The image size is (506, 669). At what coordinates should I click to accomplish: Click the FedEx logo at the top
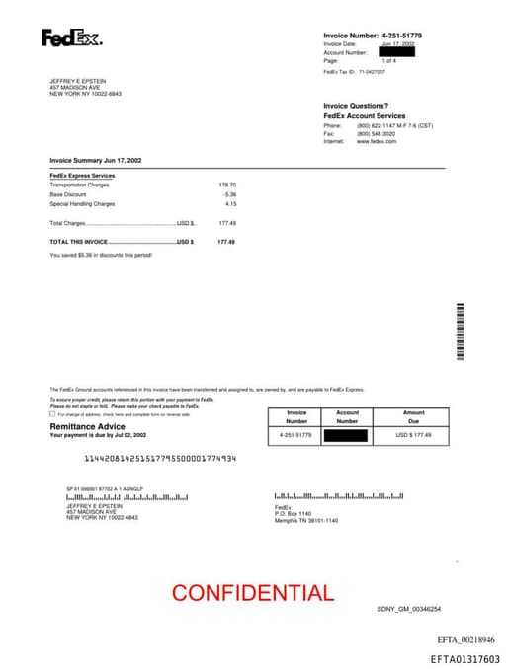coord(71,38)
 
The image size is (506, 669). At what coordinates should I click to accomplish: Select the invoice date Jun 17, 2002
coord(397,44)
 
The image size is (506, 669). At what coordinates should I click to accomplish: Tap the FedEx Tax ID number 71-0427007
coord(372,72)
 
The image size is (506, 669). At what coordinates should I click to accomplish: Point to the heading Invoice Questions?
coord(356,106)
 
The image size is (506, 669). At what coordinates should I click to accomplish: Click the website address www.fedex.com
coord(376,141)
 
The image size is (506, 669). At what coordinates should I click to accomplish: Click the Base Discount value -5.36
coord(229,194)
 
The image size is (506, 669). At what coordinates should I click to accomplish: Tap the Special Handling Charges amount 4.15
coord(230,204)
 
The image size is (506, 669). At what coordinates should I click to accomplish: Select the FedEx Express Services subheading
coord(82,175)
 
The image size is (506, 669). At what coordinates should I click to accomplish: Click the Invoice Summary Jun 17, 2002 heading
coord(96,160)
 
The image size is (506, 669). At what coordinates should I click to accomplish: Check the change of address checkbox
coord(52,414)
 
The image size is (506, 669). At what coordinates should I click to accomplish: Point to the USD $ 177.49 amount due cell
coord(413,435)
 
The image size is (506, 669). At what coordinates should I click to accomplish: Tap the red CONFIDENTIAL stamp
coord(252,593)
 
